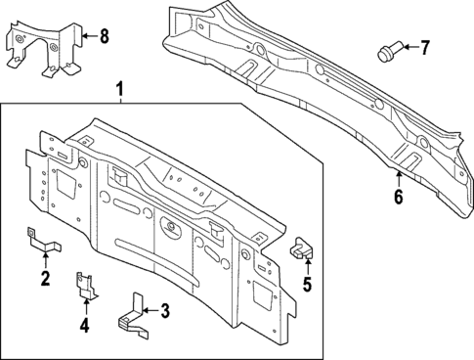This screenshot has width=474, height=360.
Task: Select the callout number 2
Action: pyautogui.click(x=45, y=280)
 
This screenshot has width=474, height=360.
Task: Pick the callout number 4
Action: pyautogui.click(x=84, y=325)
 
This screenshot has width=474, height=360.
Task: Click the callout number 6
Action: pyautogui.click(x=398, y=197)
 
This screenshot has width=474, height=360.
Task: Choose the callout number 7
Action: pyautogui.click(x=424, y=47)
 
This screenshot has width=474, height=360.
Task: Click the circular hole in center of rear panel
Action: pyautogui.click(x=171, y=229)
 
